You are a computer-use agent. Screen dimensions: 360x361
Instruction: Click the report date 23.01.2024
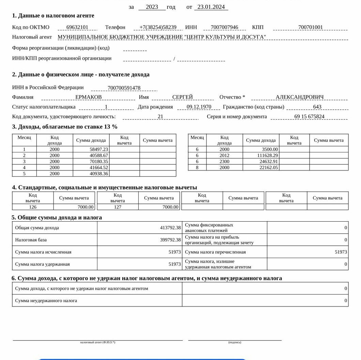[211, 7]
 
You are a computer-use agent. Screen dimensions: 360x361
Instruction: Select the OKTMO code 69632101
[77, 27]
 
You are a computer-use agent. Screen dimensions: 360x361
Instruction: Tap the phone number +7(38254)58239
[158, 27]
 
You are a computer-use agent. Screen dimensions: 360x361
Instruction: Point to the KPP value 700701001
[310, 27]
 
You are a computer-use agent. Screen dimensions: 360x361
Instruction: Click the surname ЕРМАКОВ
[89, 97]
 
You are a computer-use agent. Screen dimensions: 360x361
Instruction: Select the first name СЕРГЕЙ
[183, 97]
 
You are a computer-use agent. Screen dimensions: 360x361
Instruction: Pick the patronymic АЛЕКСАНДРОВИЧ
[300, 97]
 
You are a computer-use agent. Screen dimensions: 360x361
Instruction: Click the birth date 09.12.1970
[199, 107]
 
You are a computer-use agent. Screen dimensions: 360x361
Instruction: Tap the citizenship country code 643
[317, 107]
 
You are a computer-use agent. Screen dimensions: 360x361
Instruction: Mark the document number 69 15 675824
[309, 117]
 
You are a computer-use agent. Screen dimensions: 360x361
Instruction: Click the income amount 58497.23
[99, 149]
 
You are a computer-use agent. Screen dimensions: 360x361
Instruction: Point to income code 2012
[224, 155]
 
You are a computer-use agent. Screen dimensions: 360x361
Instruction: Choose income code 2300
[224, 162]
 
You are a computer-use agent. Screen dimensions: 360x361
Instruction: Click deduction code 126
[33, 207]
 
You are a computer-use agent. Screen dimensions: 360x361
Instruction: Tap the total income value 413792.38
[170, 228]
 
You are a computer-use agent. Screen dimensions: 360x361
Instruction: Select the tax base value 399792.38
[170, 240]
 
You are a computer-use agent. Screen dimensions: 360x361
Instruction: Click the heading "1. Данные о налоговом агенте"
[53, 16]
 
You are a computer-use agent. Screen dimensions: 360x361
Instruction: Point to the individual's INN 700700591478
[124, 88]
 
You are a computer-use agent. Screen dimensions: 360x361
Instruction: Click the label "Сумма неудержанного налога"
[46, 301]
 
